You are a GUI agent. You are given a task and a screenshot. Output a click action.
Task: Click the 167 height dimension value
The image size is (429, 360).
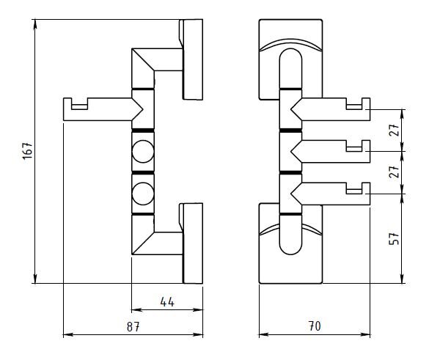click(x=28, y=150)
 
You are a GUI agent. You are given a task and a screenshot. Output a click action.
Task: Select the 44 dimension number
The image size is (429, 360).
click(x=167, y=302)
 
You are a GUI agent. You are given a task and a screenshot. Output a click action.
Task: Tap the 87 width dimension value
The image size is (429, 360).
click(x=133, y=326)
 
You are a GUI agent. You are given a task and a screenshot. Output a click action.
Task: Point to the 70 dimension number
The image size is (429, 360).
click(x=315, y=326)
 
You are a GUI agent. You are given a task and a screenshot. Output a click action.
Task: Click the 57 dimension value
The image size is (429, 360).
click(x=394, y=238)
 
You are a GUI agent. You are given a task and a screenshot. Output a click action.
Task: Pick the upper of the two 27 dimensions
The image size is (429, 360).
click(x=394, y=131)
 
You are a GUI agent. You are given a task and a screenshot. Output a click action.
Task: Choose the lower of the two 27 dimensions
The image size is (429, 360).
click(x=394, y=172)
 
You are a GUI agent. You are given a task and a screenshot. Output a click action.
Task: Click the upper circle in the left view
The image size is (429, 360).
click(x=143, y=151)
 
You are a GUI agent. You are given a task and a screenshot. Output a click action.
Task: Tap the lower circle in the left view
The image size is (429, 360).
click(x=143, y=194)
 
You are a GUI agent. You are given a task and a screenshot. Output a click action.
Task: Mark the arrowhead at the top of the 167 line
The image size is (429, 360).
click(x=35, y=23)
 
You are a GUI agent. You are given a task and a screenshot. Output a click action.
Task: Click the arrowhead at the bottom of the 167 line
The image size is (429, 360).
click(x=35, y=279)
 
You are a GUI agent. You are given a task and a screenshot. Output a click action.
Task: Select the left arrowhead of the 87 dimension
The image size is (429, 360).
click(x=68, y=334)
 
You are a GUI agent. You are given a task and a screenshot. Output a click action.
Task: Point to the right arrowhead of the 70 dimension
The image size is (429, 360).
click(x=365, y=334)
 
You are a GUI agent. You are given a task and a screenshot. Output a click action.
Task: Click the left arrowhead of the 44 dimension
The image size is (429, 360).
click(x=136, y=310)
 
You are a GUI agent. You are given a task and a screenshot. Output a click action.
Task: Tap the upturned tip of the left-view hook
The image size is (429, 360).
click(x=67, y=98)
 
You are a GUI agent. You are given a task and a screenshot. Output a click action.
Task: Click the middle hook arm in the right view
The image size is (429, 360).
click(x=331, y=151)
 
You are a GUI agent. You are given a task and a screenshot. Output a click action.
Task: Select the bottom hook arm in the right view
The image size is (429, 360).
click(x=331, y=194)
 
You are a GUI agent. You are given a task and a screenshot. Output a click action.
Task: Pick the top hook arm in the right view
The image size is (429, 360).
click(x=331, y=109)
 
